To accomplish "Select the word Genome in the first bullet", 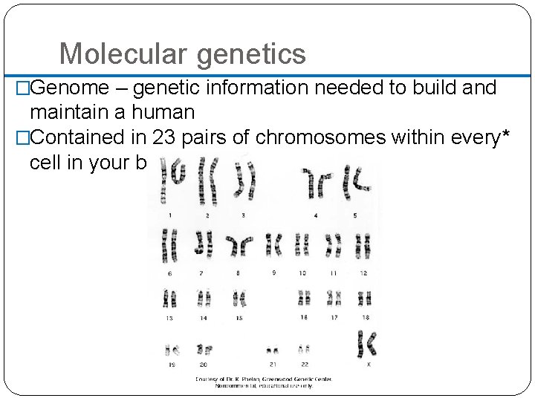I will (x=71, y=88).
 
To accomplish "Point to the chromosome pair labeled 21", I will (x=273, y=348).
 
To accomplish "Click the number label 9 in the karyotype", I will (x=273, y=273).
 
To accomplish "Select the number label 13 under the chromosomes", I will (x=169, y=317).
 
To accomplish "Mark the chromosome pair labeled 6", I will (x=170, y=246).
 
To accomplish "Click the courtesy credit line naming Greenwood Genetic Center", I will (x=264, y=379).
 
